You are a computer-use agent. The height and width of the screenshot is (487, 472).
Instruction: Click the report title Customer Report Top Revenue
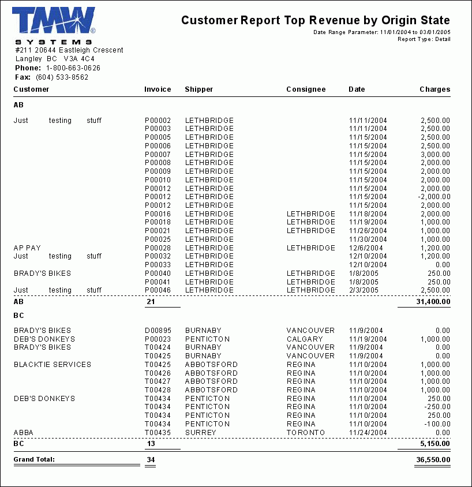point(315,20)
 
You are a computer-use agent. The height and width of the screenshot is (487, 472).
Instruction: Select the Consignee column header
point(306,89)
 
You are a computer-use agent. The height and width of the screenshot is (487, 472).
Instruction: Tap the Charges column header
point(434,89)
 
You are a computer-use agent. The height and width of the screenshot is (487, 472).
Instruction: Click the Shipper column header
point(198,89)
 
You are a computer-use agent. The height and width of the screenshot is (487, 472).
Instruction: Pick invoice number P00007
point(158,155)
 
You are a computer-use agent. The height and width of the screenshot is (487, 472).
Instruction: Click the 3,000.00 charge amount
point(435,155)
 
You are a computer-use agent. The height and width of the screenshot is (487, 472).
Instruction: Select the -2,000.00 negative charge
point(434,197)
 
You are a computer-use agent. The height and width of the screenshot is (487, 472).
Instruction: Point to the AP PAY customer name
point(27,248)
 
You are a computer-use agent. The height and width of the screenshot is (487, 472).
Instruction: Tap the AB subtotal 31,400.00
point(433,302)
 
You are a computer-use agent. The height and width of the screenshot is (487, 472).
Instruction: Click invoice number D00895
point(158,331)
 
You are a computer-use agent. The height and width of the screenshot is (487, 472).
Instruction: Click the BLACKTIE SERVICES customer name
point(53,365)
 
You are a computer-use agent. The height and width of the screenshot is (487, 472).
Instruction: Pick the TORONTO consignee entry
point(306,433)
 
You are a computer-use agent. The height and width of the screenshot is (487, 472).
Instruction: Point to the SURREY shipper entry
point(200,433)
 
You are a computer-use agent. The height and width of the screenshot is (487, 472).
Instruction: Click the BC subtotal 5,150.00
point(435,444)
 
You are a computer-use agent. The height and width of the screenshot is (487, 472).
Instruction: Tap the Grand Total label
point(34,460)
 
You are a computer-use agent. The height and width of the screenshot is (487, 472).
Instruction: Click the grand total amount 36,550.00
point(433,460)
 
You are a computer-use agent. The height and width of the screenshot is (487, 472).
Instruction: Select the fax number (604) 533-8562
point(62,77)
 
